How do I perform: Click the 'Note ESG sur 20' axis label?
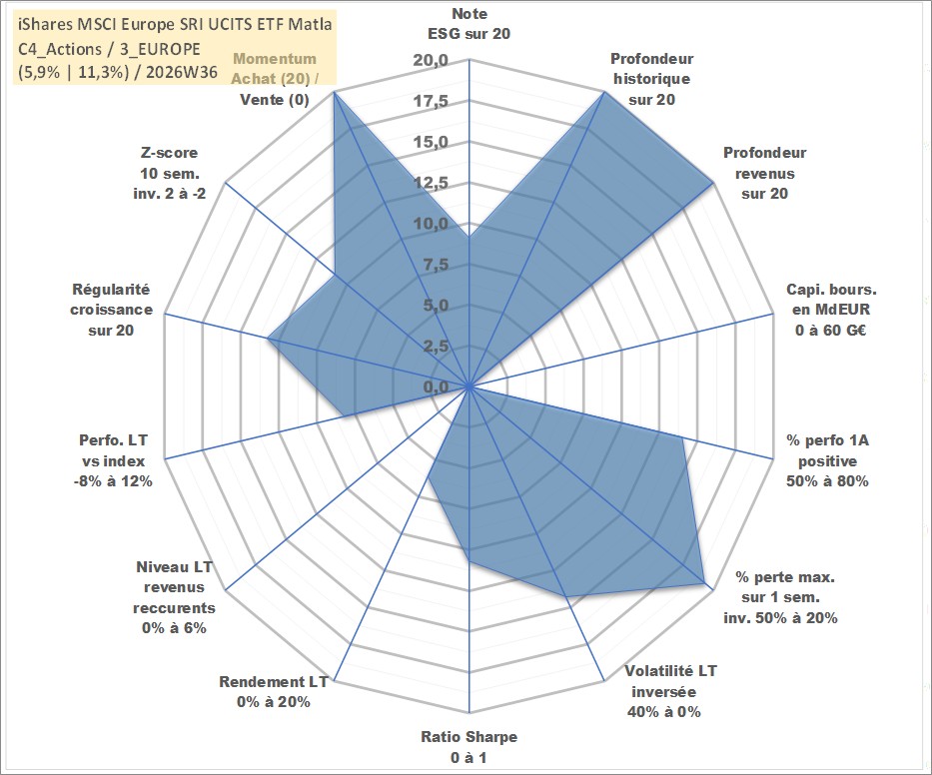[x=468, y=24]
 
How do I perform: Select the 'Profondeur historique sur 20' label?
[x=652, y=79]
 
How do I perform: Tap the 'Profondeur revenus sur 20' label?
[x=764, y=173]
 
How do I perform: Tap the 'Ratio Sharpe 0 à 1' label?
[x=468, y=747]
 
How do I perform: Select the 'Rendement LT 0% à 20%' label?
[x=274, y=692]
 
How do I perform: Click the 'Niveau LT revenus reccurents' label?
[x=174, y=597]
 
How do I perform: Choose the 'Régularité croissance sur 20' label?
[x=111, y=310]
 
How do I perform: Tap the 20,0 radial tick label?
[x=431, y=60]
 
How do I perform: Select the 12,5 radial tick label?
[x=431, y=183]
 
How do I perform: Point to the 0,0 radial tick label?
[x=437, y=387]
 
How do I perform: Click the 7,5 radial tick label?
[x=437, y=265]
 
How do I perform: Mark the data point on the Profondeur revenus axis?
[x=712, y=184]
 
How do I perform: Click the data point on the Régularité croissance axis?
[x=268, y=340]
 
